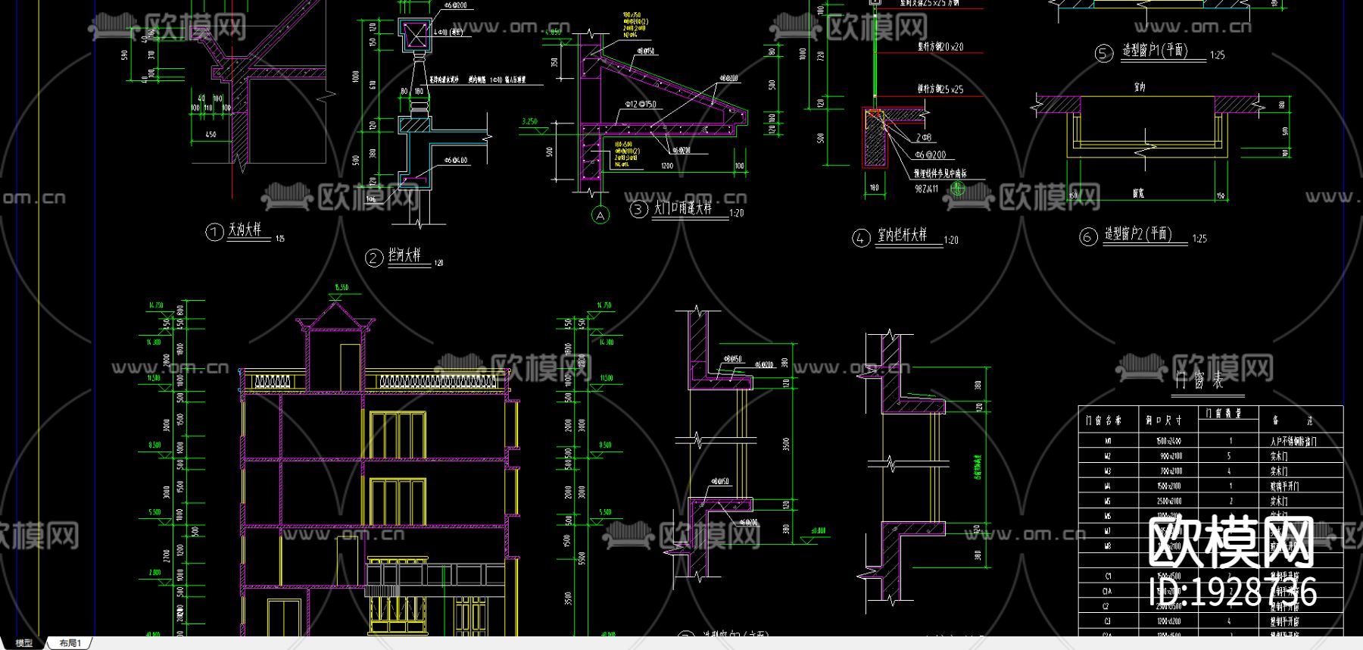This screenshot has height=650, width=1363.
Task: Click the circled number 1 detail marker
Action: coord(214,232)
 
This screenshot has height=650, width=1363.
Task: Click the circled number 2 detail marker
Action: coord(373,258)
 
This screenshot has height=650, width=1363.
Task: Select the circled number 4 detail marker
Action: coord(861,239)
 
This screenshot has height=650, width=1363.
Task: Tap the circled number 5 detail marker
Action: coord(1104,53)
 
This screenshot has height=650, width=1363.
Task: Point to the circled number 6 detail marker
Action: coord(1088,237)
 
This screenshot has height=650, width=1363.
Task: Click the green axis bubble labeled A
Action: coord(600,216)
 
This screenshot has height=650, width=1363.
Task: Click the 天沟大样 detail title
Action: coord(245,229)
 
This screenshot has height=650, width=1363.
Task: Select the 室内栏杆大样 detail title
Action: coord(902,236)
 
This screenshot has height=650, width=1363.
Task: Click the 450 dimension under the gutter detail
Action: coord(211,135)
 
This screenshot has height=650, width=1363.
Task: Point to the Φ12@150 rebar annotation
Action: coord(640,105)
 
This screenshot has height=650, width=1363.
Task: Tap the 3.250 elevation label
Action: coord(529,121)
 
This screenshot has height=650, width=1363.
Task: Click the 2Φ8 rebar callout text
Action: coord(924,138)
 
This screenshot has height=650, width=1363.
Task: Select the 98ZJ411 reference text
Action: coord(926,189)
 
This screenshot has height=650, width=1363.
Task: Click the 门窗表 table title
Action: coord(1199,380)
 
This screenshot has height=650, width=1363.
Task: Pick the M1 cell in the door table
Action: coord(1109,441)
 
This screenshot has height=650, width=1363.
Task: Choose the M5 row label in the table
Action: coord(1109,501)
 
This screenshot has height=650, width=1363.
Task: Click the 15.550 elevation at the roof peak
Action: coord(341,288)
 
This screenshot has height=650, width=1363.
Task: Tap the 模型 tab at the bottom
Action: coord(24,643)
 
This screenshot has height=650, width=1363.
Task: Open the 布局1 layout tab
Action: coord(70,643)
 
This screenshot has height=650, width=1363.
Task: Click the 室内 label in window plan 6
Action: coord(1140,87)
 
